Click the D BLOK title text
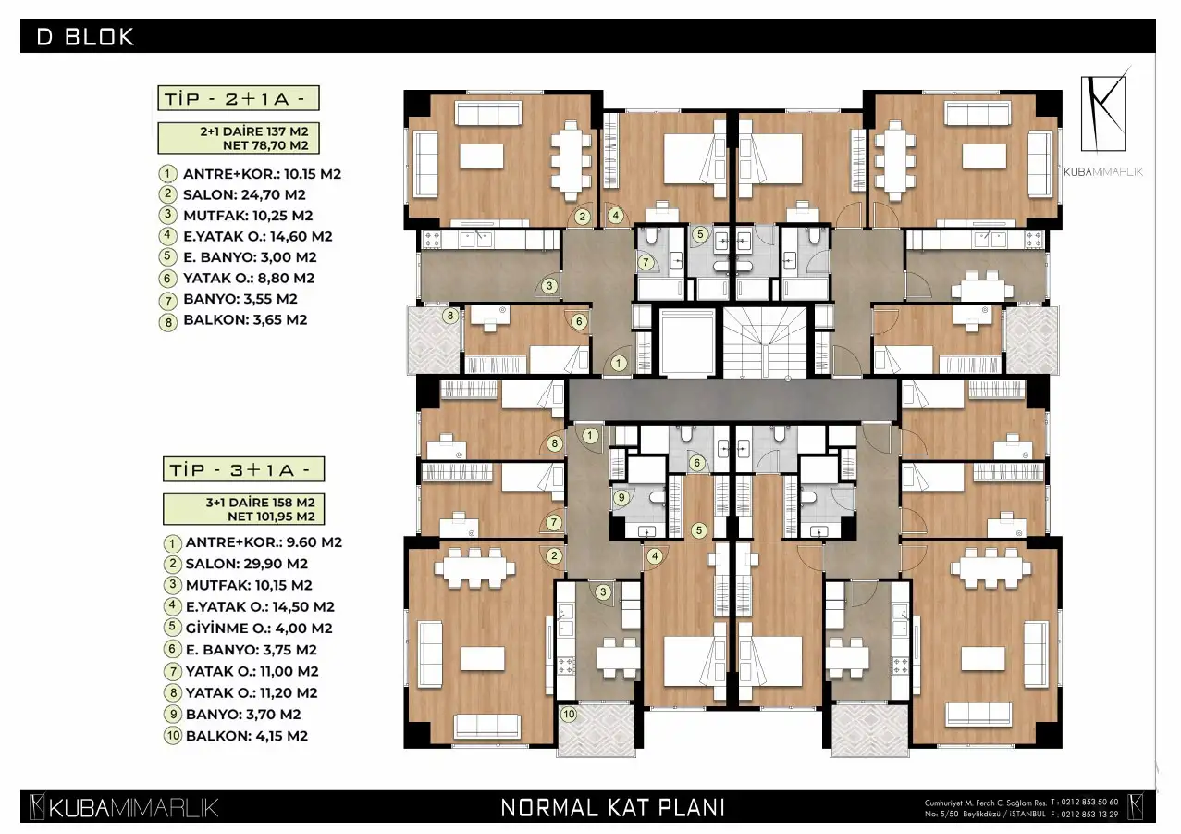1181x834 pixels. point(85,36)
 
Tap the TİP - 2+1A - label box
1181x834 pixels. point(239,98)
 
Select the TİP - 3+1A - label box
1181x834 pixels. point(243,469)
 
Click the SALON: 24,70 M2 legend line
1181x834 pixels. point(244,194)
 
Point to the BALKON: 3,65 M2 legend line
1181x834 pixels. point(245,320)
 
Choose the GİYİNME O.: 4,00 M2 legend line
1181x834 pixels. point(259,629)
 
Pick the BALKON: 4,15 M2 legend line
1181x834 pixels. point(247,736)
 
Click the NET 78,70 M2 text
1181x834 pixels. point(265,145)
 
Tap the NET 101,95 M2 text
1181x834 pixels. point(271,517)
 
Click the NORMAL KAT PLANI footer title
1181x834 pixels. point(612,807)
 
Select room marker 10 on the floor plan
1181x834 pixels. point(569,715)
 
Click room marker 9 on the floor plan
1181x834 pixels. point(621,497)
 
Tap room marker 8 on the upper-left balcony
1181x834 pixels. point(450,317)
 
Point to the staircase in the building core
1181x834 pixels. point(765,342)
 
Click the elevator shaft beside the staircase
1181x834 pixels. point(687,342)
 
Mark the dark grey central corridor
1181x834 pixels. point(732,400)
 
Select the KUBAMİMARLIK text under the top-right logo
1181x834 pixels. point(1103,171)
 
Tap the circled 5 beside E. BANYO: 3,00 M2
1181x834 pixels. point(167,256)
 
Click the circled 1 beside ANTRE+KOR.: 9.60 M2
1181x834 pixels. point(172,542)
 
